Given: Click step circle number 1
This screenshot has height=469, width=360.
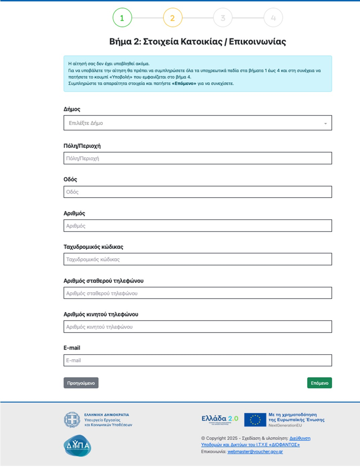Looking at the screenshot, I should click(x=122, y=18).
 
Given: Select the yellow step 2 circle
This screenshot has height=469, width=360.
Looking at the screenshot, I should click(x=173, y=18).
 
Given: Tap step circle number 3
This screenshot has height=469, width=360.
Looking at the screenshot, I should click(x=223, y=18).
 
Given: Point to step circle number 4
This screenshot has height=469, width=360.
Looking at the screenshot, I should click(x=273, y=18).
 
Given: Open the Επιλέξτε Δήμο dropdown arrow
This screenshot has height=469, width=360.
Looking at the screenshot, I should click(x=325, y=124).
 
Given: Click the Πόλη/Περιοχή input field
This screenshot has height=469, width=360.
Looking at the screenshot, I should click(x=198, y=158).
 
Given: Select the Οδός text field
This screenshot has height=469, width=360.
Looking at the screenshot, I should click(x=198, y=192).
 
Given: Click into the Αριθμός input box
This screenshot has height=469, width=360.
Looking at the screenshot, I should click(x=198, y=226).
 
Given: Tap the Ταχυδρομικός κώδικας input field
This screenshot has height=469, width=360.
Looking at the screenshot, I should click(x=198, y=259).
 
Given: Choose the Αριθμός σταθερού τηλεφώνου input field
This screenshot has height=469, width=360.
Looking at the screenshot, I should click(x=198, y=293).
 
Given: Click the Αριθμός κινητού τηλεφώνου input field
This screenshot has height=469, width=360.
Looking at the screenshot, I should click(x=198, y=327).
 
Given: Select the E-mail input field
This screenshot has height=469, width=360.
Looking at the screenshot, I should click(x=198, y=360).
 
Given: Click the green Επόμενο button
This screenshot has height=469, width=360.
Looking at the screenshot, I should click(x=319, y=383).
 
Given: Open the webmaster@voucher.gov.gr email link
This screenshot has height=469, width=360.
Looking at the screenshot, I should click(x=255, y=452).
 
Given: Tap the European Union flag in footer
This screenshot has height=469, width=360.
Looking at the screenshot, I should click(x=255, y=419).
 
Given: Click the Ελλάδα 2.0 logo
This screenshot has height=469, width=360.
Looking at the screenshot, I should click(x=219, y=419).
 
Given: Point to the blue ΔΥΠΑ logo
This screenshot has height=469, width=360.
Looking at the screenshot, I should click(x=77, y=446).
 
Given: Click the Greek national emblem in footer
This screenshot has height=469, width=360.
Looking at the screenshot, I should click(x=72, y=420).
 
